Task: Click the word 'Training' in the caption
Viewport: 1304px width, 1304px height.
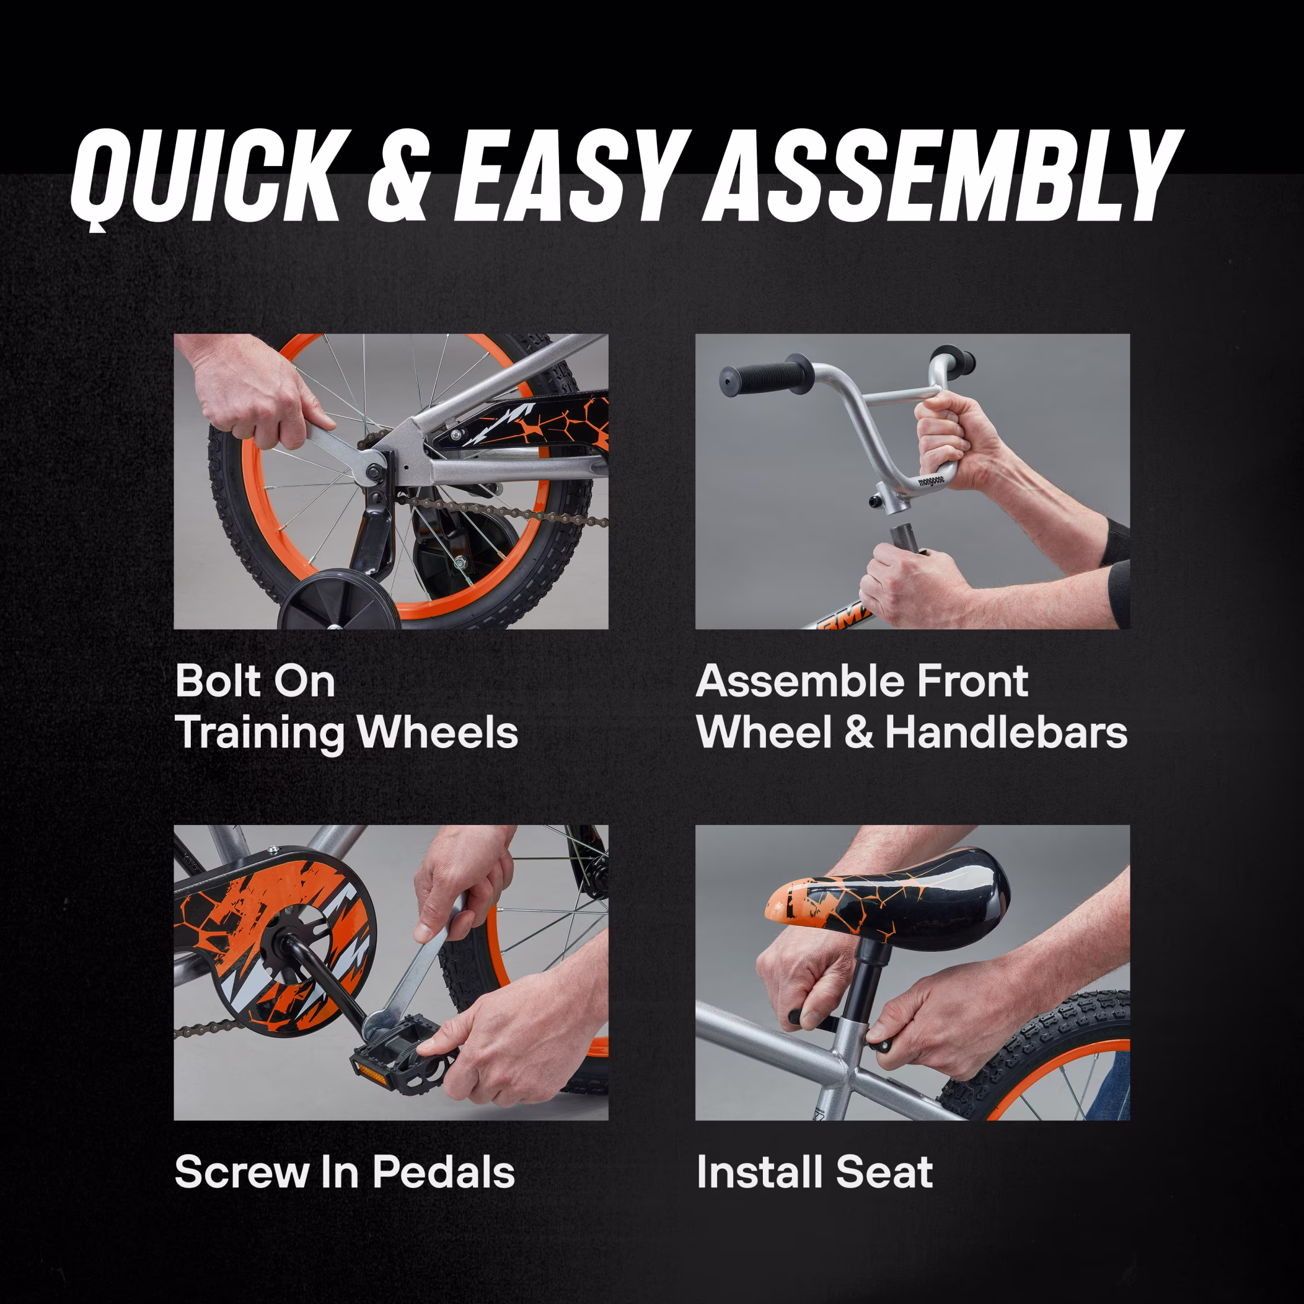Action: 259,733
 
